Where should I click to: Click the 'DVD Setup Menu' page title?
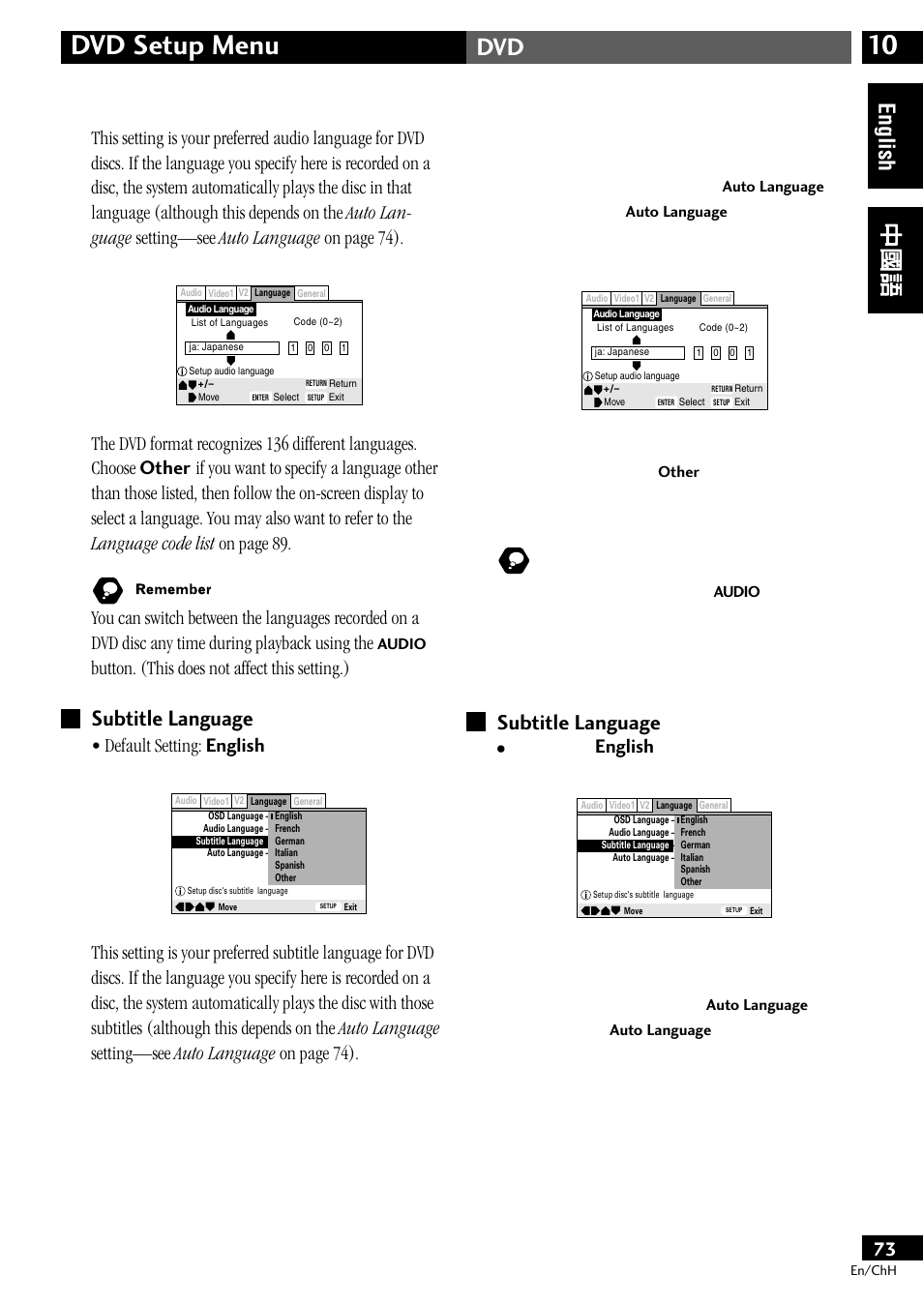(x=175, y=45)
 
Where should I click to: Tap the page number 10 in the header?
(x=882, y=45)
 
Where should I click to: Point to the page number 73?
(x=884, y=1249)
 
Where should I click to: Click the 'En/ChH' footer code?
(x=873, y=1270)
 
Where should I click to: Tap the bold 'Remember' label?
(x=173, y=589)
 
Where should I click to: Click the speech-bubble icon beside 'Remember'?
(x=107, y=590)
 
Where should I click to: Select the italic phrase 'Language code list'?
(x=153, y=544)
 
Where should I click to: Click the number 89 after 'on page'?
(x=279, y=544)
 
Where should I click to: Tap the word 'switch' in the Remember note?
(x=167, y=618)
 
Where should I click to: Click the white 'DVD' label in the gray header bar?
(x=500, y=47)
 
